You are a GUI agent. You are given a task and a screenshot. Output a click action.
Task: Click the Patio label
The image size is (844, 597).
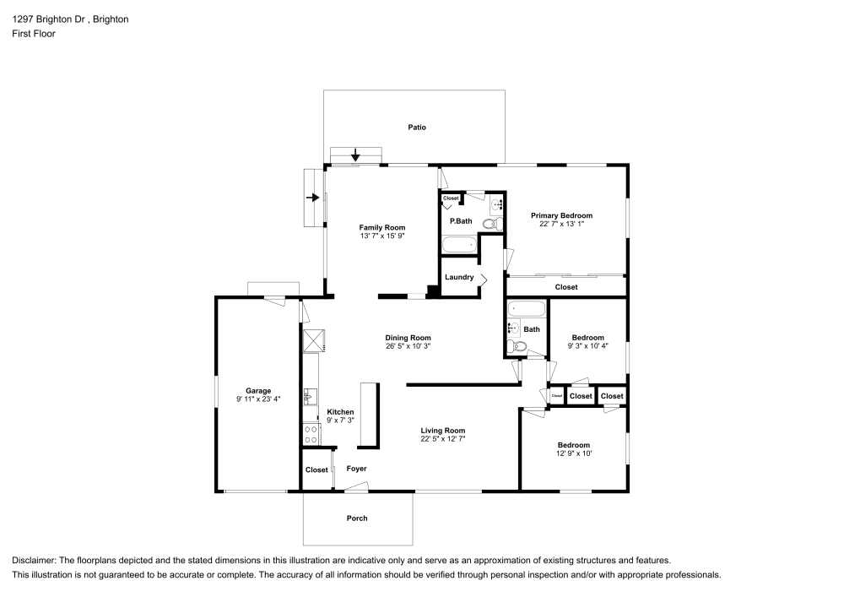[417, 128]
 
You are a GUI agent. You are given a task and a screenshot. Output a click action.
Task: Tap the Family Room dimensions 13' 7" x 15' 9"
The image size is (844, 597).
[382, 236]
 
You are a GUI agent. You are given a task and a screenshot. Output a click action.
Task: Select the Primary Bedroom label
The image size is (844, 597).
[561, 215]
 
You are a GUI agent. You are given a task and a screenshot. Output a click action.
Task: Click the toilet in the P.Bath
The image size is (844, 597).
[492, 224]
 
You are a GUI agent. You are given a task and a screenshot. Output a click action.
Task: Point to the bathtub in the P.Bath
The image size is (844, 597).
[460, 245]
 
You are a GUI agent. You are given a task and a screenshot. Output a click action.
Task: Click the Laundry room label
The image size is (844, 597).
[459, 277]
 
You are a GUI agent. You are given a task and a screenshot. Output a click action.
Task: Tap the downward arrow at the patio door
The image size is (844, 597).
[355, 155]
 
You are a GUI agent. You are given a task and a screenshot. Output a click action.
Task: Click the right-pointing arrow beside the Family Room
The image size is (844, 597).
[313, 198]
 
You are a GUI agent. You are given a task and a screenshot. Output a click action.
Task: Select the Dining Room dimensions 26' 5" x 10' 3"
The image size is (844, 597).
[408, 346]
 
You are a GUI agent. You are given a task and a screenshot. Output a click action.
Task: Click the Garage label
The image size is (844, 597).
[258, 391]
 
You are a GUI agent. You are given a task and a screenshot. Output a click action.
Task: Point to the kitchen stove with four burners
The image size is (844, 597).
[311, 434]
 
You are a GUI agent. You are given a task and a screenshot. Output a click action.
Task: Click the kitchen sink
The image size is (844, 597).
[310, 397]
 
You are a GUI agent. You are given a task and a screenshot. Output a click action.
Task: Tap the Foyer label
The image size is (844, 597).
[356, 469]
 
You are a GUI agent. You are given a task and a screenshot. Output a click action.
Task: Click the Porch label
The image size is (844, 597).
[357, 518]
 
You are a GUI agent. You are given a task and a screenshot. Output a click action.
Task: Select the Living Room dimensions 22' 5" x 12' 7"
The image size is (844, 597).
[443, 439]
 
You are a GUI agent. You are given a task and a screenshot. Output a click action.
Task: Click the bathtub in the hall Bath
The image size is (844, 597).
[527, 310]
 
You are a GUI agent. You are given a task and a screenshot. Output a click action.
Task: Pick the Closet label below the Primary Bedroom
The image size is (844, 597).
[566, 287]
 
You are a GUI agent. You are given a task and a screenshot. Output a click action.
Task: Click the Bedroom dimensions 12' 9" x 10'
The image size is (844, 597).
[574, 453]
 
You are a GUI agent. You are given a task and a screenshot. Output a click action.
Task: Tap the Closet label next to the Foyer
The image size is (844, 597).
[316, 470]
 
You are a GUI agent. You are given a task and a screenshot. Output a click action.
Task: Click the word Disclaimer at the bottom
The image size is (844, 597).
[32, 561]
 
